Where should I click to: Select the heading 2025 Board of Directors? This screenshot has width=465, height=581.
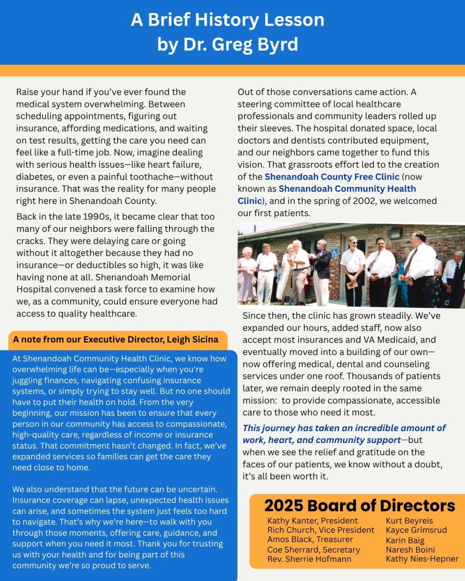[x=360, y=505]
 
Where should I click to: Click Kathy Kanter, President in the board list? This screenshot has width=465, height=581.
[x=312, y=520]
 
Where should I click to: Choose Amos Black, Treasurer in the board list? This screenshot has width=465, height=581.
[x=310, y=540]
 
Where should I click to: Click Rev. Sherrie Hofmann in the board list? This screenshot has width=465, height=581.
[x=309, y=559]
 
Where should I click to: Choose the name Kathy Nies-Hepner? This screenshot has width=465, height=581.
[x=422, y=559]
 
